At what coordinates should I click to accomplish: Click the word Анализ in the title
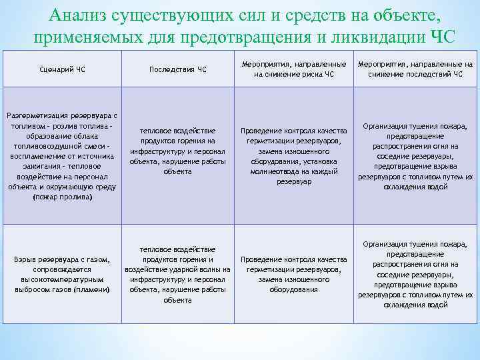80,16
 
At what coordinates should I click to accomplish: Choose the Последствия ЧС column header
178,69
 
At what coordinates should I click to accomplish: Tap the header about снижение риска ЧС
294,69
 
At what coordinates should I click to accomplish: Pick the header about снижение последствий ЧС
415,69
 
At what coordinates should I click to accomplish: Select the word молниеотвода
273,171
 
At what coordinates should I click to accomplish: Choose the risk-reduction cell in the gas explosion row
294,274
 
